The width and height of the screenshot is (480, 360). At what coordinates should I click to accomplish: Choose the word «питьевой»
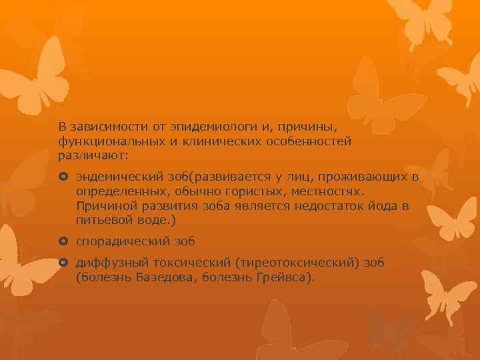pos(105,220)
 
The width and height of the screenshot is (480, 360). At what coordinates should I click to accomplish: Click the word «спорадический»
pos(119,241)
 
